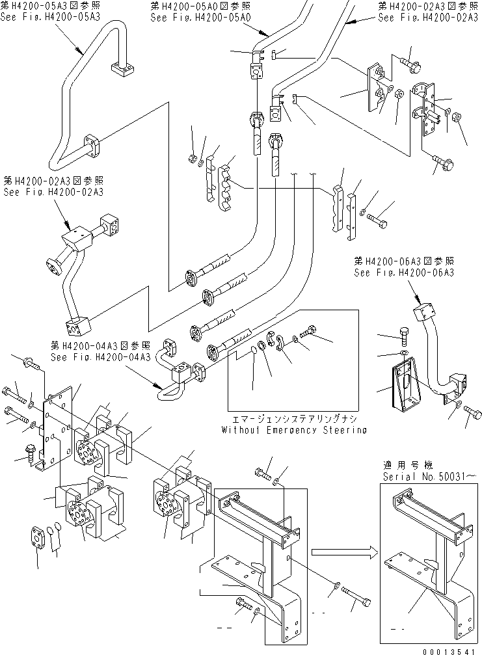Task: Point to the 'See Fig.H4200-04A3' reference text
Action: click(x=102, y=357)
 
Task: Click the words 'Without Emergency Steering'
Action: click(x=293, y=430)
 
